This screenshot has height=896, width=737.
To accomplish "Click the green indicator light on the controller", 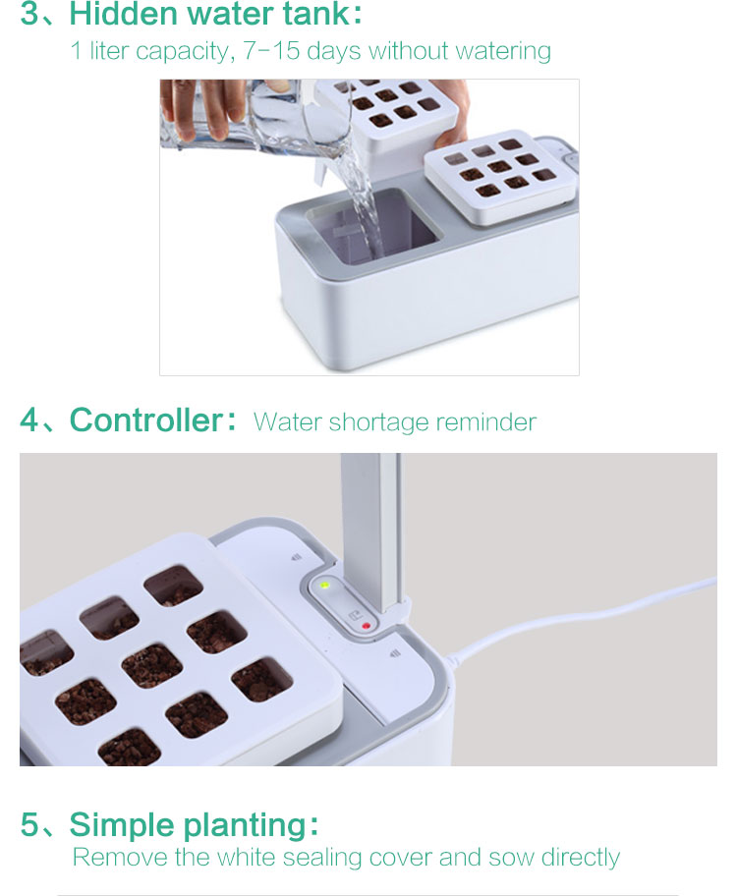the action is [324, 586].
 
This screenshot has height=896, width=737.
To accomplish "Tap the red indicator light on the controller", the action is [366, 626].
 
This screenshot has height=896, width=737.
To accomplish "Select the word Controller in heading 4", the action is [145, 420].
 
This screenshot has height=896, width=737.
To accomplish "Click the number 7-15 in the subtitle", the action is [271, 51].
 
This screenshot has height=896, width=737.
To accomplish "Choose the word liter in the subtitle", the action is [109, 51].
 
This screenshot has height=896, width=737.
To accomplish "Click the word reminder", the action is [486, 422].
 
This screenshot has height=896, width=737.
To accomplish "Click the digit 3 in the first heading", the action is [29, 14].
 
